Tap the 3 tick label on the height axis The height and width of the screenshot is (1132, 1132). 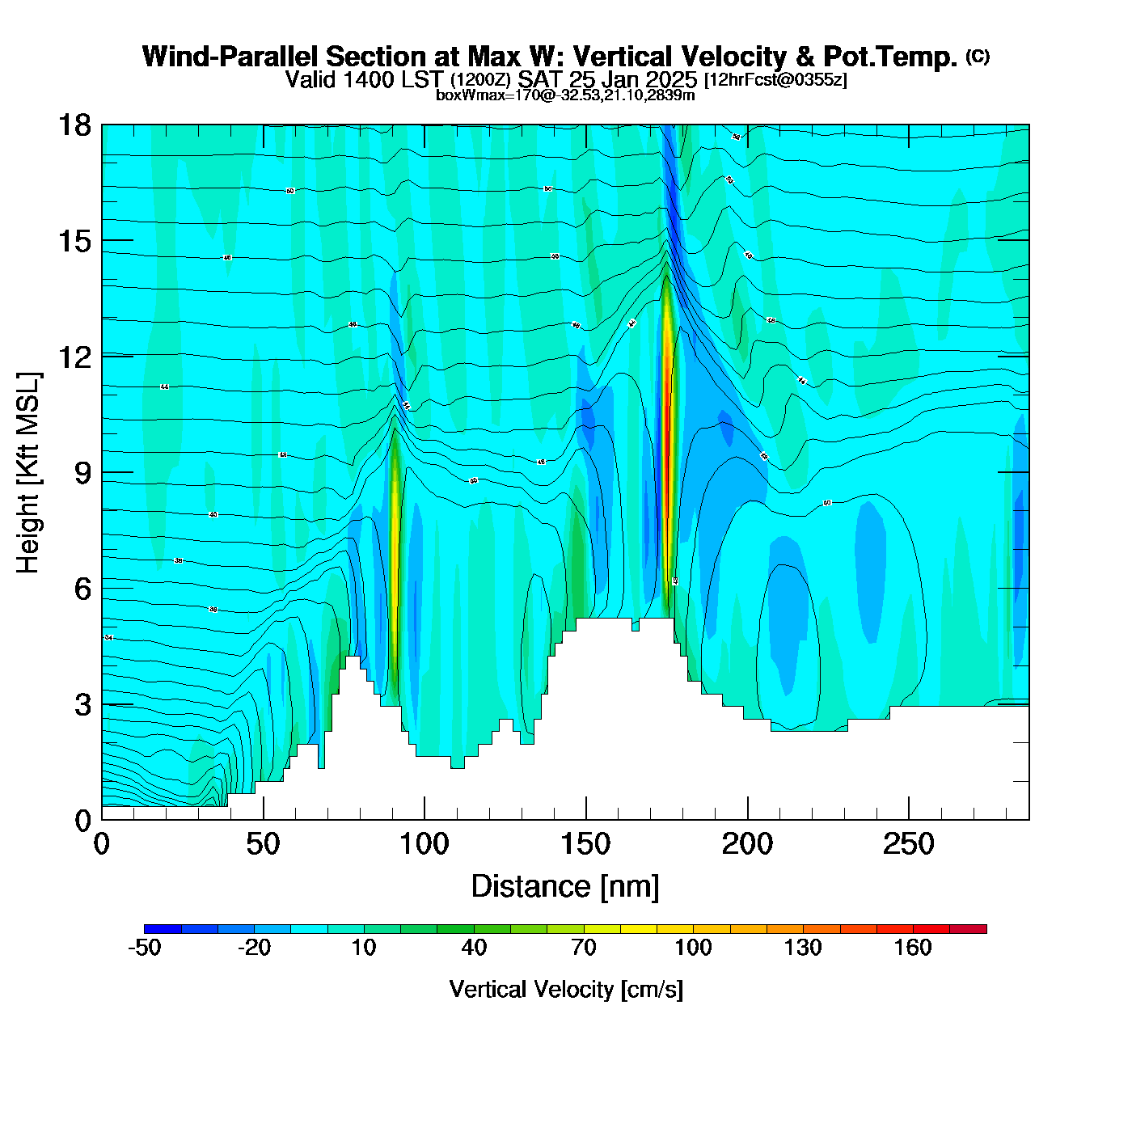[83, 705]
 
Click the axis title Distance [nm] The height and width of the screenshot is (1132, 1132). [565, 886]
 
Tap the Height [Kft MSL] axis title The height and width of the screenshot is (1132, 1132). [28, 473]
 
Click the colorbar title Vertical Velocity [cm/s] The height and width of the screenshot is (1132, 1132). [566, 989]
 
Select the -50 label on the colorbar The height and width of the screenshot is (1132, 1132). [145, 948]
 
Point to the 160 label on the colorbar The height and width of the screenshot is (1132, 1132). [913, 948]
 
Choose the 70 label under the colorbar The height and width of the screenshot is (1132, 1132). [584, 948]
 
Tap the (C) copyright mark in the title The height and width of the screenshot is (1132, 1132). [977, 56]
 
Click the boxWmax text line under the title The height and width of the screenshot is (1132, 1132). [565, 95]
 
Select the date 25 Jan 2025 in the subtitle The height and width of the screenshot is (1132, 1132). [632, 79]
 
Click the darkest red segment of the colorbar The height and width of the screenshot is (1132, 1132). [968, 929]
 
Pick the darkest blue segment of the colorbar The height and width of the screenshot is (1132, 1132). [163, 929]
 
